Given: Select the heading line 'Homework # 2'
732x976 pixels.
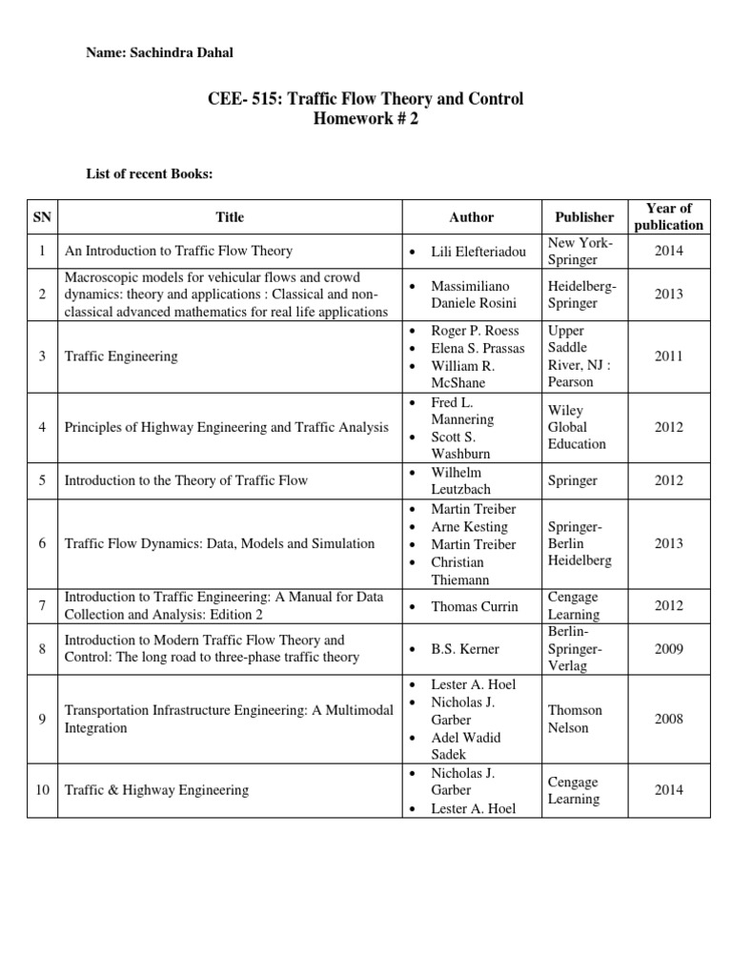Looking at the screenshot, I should pyautogui.click(x=366, y=118).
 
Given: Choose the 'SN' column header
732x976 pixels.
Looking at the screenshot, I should pyautogui.click(x=43, y=216).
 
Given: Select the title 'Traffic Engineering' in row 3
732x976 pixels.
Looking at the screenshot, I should pyautogui.click(x=121, y=356).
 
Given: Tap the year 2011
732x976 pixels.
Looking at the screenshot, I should pyautogui.click(x=668, y=356).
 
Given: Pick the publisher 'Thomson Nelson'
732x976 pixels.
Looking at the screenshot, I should pyautogui.click(x=576, y=719).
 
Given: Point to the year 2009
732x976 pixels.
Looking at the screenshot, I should pyautogui.click(x=668, y=649).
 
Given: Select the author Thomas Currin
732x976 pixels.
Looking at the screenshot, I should pyautogui.click(x=474, y=605).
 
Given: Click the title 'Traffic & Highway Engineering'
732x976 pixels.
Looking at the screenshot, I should pyautogui.click(x=156, y=790).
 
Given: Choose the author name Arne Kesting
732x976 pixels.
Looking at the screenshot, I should pyautogui.click(x=469, y=526).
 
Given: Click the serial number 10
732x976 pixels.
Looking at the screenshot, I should pyautogui.click(x=43, y=790).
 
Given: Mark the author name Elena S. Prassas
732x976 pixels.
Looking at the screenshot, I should pyautogui.click(x=478, y=347).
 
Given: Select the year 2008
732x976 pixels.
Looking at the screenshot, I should pyautogui.click(x=668, y=719).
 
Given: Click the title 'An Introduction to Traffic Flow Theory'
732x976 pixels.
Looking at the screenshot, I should pyautogui.click(x=178, y=252).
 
